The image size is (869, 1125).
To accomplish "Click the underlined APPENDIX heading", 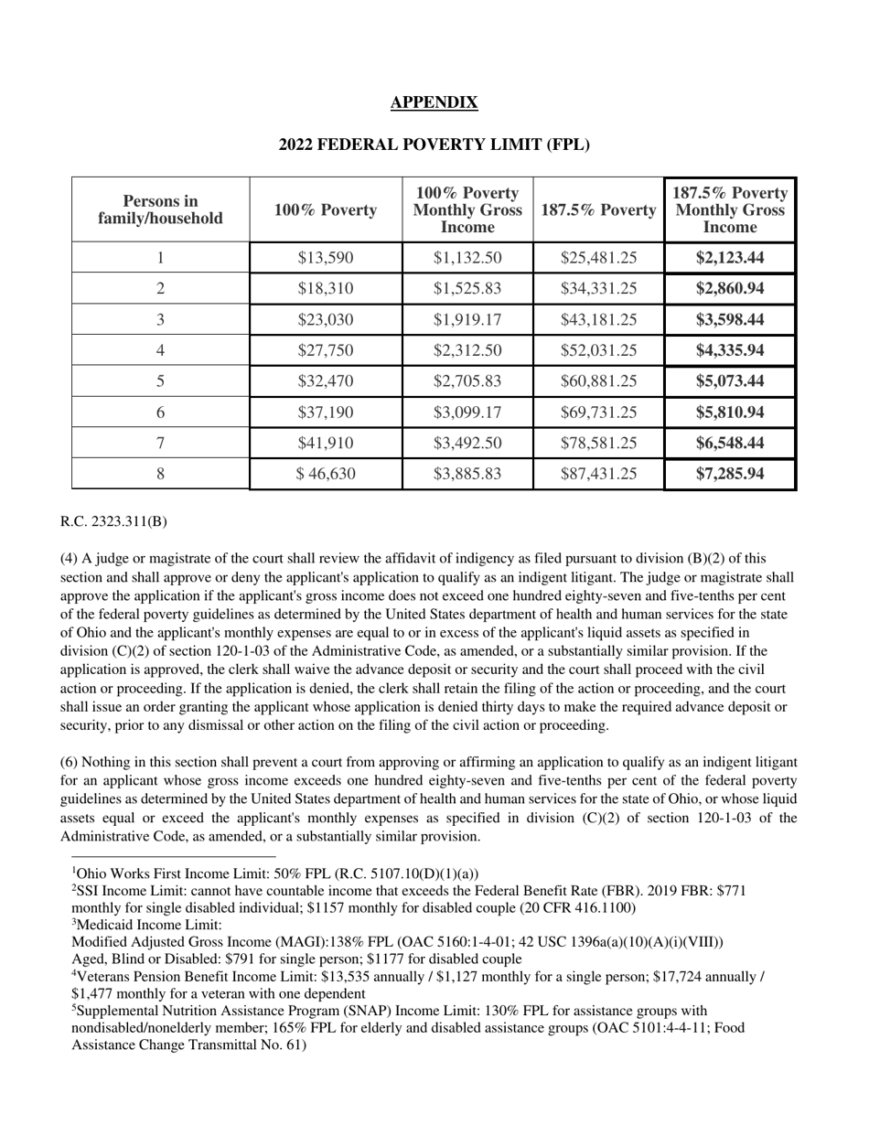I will point(434,102).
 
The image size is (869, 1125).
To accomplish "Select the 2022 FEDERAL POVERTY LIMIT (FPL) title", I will point(434,145).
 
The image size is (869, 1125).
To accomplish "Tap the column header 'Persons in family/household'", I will point(160,209).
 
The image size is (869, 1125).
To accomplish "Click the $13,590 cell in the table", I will point(325,258).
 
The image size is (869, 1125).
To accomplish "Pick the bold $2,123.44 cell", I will point(730,258).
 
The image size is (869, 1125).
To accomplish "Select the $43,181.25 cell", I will point(598,320).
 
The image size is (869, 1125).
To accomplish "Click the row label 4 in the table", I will point(160,350).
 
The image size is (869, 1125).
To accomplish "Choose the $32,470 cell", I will point(325,381).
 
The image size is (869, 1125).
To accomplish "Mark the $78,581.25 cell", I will point(598,444).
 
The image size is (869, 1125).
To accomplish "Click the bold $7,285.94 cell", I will point(730,474).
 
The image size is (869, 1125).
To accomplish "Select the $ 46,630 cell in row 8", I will point(325,474).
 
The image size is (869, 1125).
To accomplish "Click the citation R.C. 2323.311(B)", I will point(113,522).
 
